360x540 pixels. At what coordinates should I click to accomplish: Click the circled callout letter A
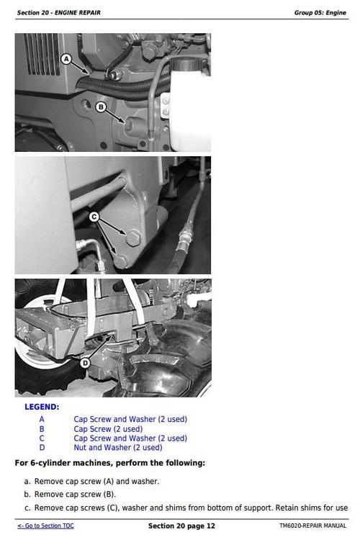point(66,59)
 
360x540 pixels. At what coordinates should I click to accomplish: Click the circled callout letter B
point(101,107)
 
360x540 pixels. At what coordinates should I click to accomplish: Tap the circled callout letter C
point(94,217)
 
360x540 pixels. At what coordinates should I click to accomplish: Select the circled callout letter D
point(85,363)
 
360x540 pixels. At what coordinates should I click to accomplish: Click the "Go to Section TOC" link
point(45,526)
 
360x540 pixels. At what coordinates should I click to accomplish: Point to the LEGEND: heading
point(42,407)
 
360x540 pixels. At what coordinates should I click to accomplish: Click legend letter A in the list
point(42,419)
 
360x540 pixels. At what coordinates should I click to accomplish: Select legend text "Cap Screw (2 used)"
point(108,429)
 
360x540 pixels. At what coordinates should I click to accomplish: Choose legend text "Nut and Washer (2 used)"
point(118,447)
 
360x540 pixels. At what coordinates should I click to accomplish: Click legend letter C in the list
point(42,438)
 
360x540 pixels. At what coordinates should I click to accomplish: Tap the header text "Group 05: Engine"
point(320,13)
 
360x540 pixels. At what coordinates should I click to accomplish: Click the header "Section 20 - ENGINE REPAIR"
point(59,13)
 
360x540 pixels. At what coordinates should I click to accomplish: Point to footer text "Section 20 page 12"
point(181,526)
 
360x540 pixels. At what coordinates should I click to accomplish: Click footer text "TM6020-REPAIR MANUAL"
point(312,526)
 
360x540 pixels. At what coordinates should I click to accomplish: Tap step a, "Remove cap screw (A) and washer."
point(91,481)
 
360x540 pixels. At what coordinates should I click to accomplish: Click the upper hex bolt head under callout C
point(133,238)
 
